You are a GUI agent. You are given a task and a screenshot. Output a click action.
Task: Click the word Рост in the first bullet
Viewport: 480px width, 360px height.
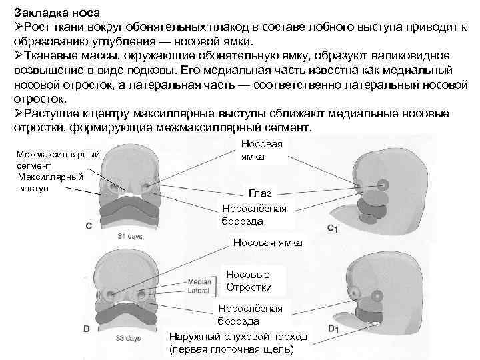[x=37, y=25]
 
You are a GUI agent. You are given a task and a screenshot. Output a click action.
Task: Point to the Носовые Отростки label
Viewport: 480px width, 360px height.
[x=249, y=281]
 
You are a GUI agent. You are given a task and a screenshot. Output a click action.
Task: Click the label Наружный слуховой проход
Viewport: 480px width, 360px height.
[x=238, y=336]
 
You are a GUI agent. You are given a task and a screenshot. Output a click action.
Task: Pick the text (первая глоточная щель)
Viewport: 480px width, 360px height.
[x=231, y=349]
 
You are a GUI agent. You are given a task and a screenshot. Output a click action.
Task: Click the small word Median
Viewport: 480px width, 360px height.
[x=200, y=281]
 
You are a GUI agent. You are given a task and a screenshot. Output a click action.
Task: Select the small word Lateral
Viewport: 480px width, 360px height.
[x=199, y=291]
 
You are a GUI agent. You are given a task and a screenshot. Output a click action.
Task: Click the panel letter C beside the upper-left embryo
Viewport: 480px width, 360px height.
[x=88, y=225]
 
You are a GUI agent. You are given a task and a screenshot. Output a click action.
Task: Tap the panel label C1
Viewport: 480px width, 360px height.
[x=333, y=229]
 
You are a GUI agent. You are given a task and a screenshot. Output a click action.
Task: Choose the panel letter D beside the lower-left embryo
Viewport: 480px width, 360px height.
[x=87, y=327]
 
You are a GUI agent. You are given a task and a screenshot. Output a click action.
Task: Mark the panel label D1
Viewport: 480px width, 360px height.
[x=334, y=328]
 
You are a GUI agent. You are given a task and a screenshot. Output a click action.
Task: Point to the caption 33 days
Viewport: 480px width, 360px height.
[x=129, y=338]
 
